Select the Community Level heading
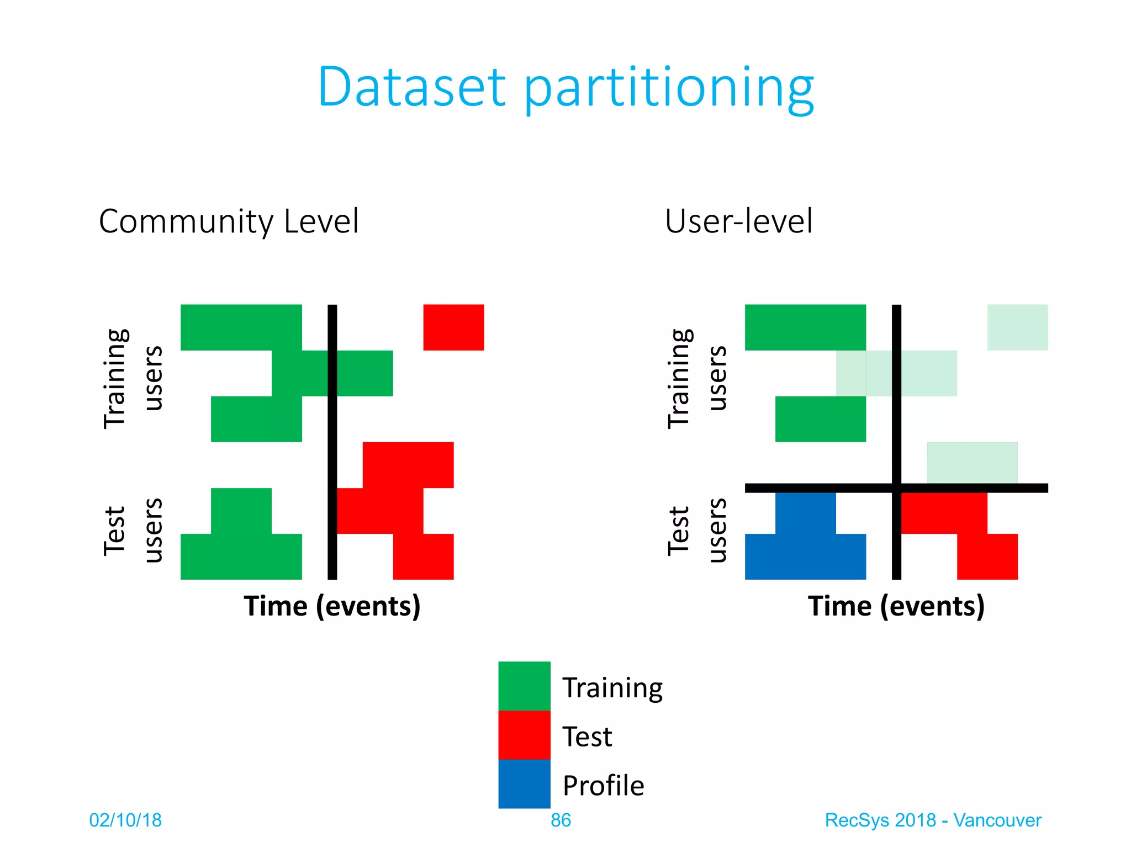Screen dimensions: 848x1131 point(229,222)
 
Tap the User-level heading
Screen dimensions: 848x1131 point(738,222)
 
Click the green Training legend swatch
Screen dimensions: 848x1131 point(524,686)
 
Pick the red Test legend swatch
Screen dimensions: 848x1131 point(524,735)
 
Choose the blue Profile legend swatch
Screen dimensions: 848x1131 point(524,784)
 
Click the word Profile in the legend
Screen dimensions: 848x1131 point(603,786)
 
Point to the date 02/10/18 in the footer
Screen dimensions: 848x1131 point(125,820)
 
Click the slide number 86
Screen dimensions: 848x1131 point(561,820)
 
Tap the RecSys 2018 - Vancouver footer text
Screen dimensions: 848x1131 point(933,820)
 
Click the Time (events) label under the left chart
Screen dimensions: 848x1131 point(332,606)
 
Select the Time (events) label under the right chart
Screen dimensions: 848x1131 point(896,606)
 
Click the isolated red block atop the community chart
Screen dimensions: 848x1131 point(453,327)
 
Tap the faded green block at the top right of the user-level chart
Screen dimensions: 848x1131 point(1017,327)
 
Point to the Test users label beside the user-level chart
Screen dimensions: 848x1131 point(697,530)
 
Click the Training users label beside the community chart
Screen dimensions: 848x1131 point(133,378)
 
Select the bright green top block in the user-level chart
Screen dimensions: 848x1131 point(805,327)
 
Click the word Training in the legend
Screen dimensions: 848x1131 point(612,688)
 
